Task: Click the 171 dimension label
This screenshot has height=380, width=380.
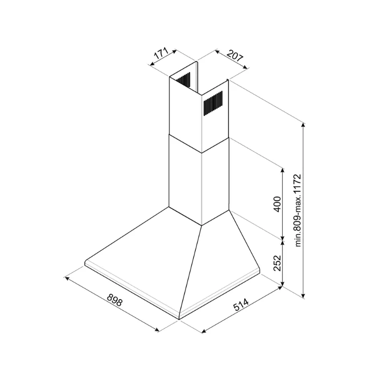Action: pyautogui.click(x=161, y=54)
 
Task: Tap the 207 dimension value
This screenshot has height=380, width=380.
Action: pyautogui.click(x=235, y=56)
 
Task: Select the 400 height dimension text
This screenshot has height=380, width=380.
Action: pyautogui.click(x=277, y=204)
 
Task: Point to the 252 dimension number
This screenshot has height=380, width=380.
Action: pyautogui.click(x=277, y=263)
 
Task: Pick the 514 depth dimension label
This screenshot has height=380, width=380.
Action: pyautogui.click(x=241, y=304)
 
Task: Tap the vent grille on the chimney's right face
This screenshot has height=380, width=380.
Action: pyautogui.click(x=213, y=103)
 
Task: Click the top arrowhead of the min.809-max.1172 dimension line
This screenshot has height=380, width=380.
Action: pyautogui.click(x=303, y=125)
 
